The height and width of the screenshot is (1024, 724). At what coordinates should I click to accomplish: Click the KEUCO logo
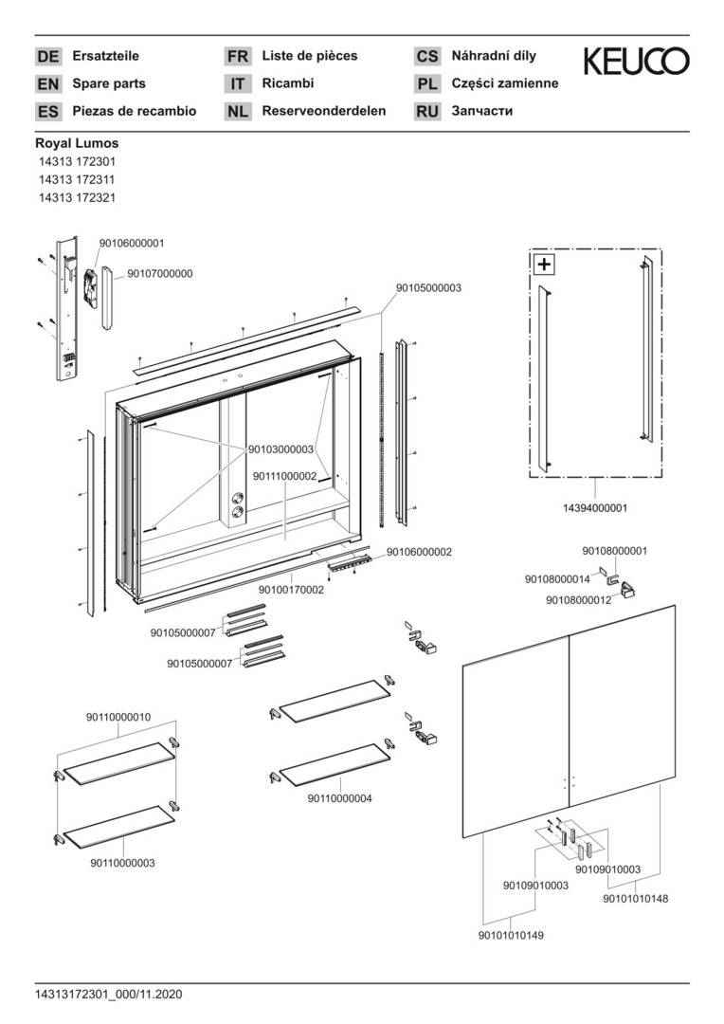click(x=636, y=63)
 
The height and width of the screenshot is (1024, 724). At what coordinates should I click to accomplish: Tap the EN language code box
click(x=47, y=84)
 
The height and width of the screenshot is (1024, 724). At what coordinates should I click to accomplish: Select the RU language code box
click(x=427, y=112)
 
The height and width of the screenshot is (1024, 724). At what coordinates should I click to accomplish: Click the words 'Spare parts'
click(x=109, y=83)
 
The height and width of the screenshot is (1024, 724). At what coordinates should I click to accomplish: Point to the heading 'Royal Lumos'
click(x=77, y=143)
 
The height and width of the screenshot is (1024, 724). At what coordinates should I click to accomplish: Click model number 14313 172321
click(x=77, y=198)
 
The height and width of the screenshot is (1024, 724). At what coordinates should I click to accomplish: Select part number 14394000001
click(x=594, y=508)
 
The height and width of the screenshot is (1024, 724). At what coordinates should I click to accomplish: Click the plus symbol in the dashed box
click(x=544, y=265)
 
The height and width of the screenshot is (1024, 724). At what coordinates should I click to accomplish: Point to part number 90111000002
click(x=284, y=476)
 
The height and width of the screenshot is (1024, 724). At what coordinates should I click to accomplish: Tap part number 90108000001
click(x=614, y=550)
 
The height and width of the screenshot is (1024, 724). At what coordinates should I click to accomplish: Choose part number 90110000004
click(x=339, y=798)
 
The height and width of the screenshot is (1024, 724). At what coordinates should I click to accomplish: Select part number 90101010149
click(x=512, y=934)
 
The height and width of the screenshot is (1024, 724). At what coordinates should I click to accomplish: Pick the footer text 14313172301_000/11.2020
click(x=108, y=995)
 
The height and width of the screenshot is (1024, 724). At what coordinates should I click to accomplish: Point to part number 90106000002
click(x=419, y=552)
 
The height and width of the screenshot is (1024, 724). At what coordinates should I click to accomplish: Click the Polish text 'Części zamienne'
click(x=505, y=83)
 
